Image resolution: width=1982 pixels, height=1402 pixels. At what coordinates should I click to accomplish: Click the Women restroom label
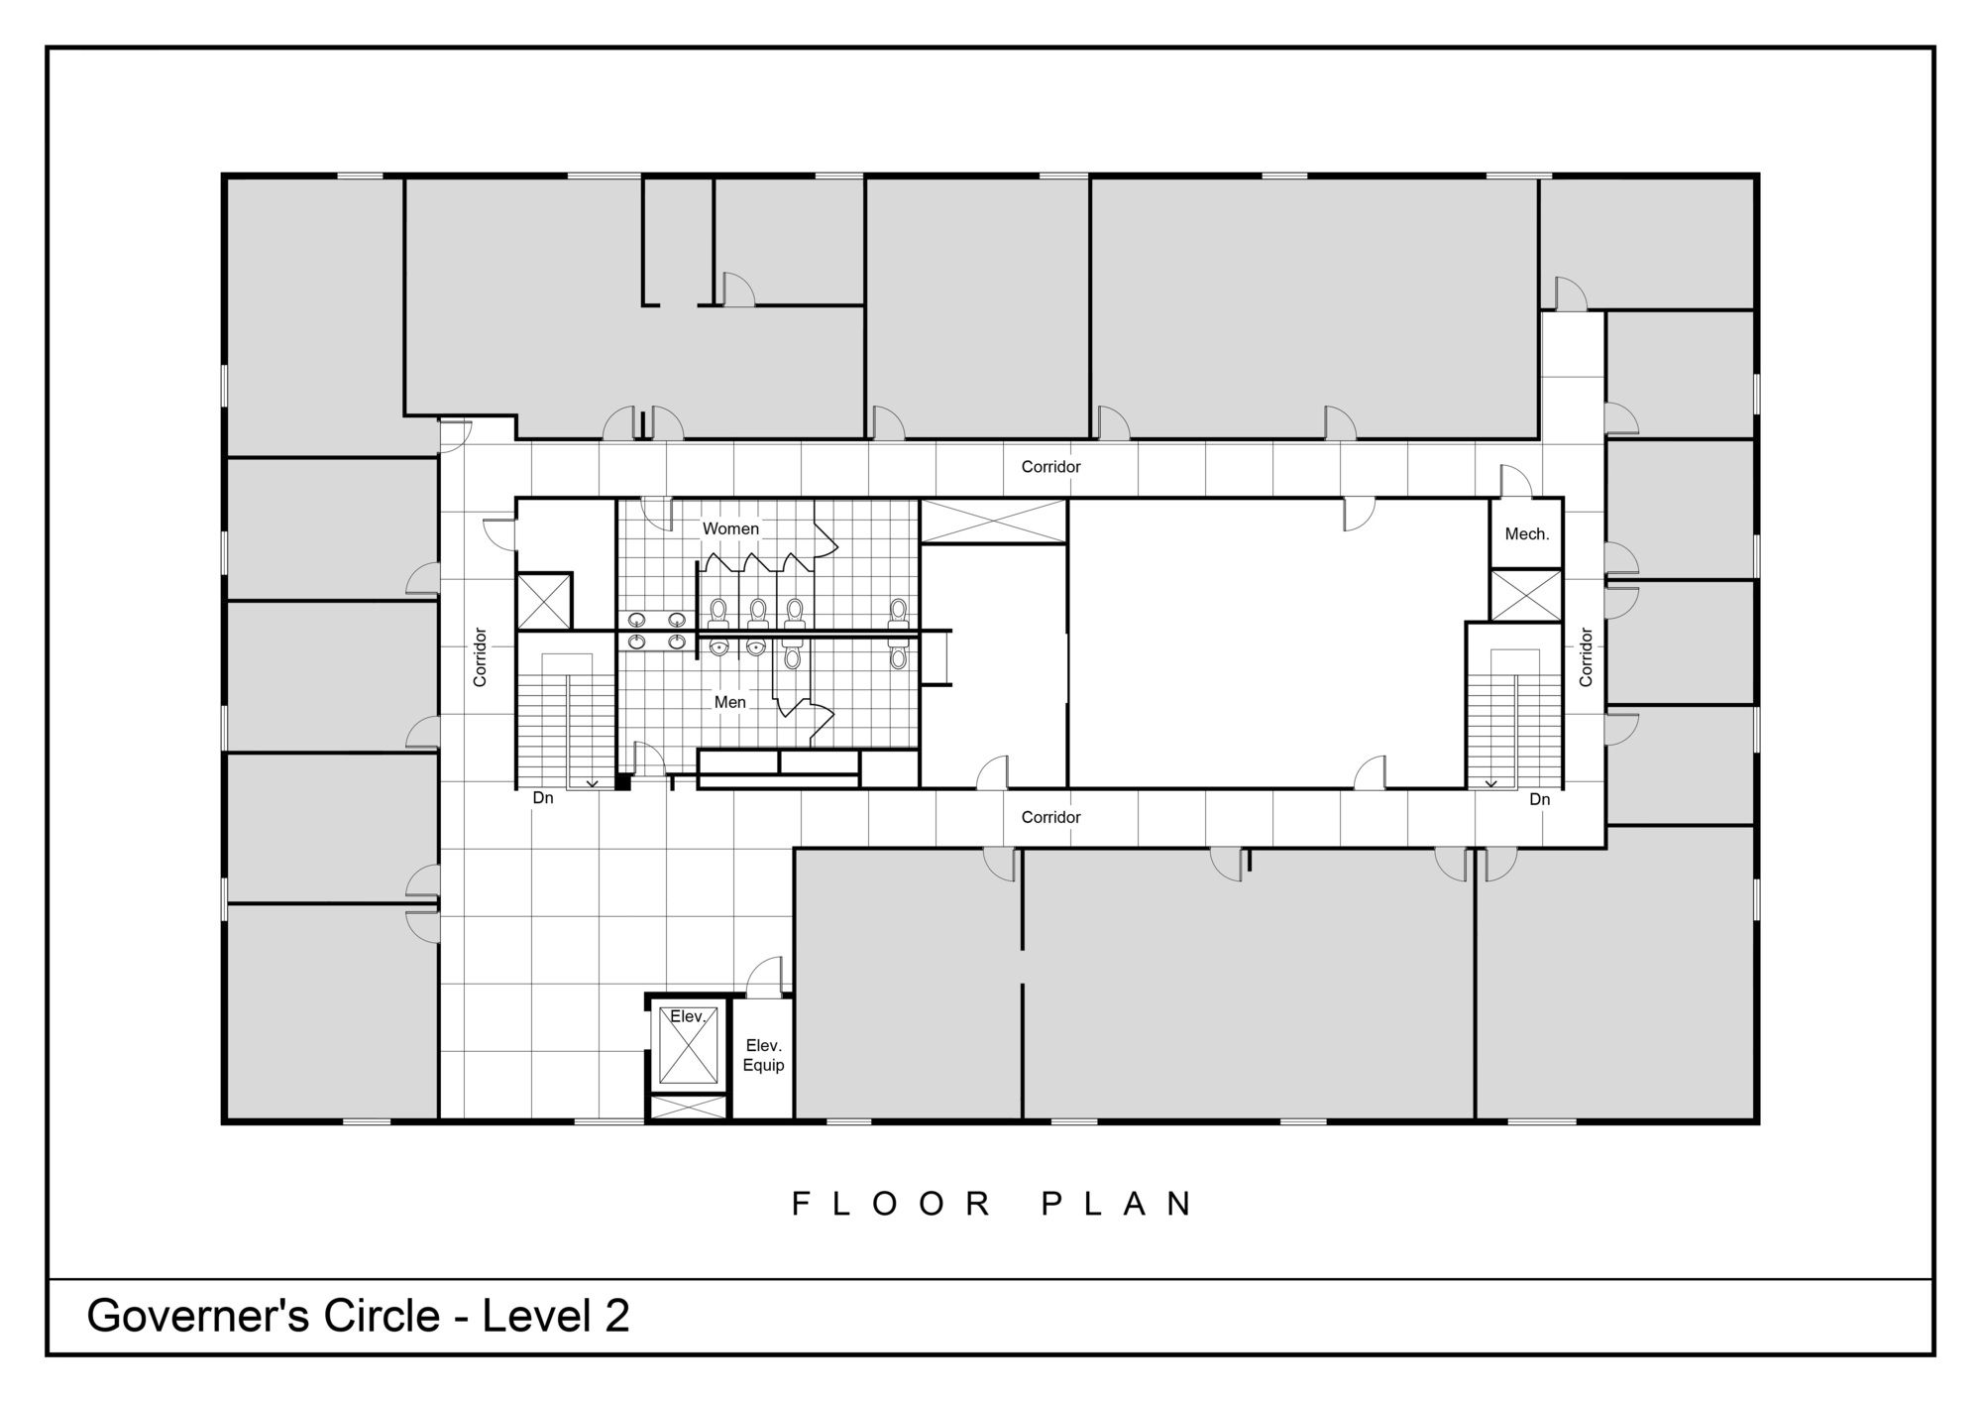(730, 528)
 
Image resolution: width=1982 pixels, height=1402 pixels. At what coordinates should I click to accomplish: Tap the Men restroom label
(730, 702)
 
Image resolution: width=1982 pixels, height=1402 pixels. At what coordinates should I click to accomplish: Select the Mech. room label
(1527, 533)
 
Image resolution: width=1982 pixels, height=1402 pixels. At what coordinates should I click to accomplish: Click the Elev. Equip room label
(764, 1055)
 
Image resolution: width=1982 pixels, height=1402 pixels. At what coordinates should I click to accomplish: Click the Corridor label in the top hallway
(1050, 466)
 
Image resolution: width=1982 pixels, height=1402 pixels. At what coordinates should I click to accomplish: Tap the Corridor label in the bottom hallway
(1050, 817)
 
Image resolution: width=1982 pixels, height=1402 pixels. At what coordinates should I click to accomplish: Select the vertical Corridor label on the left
(481, 656)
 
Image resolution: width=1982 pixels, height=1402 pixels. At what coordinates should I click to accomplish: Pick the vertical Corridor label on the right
(1586, 656)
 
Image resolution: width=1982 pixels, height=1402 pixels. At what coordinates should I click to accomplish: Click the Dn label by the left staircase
(543, 797)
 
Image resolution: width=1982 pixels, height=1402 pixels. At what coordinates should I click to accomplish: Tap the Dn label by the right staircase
(1539, 799)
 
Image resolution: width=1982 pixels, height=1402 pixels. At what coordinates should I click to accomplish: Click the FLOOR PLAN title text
(994, 1204)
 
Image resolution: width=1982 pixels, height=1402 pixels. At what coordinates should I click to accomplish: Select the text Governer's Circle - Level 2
(359, 1316)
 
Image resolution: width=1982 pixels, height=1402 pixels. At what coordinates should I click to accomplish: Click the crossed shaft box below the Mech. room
(1526, 595)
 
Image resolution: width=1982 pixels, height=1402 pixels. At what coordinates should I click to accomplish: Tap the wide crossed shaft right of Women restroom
(993, 522)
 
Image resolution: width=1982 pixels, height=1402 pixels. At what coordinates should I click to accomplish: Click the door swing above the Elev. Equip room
(764, 978)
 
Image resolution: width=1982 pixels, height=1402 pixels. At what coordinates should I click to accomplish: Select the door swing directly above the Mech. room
(1516, 481)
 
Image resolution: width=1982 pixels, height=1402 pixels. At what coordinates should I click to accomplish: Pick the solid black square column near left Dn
(623, 782)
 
